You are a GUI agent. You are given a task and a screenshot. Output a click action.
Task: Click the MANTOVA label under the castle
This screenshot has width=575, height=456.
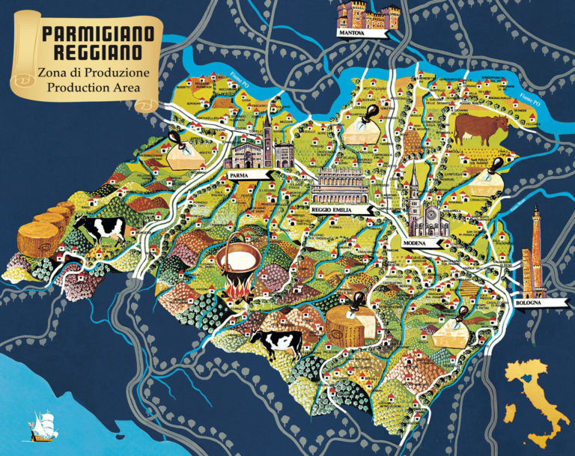tap(351, 34)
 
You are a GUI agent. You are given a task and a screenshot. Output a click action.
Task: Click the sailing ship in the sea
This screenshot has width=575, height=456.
tap(39, 425)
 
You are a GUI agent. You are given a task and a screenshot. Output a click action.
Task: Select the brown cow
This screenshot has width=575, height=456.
tap(479, 128)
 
